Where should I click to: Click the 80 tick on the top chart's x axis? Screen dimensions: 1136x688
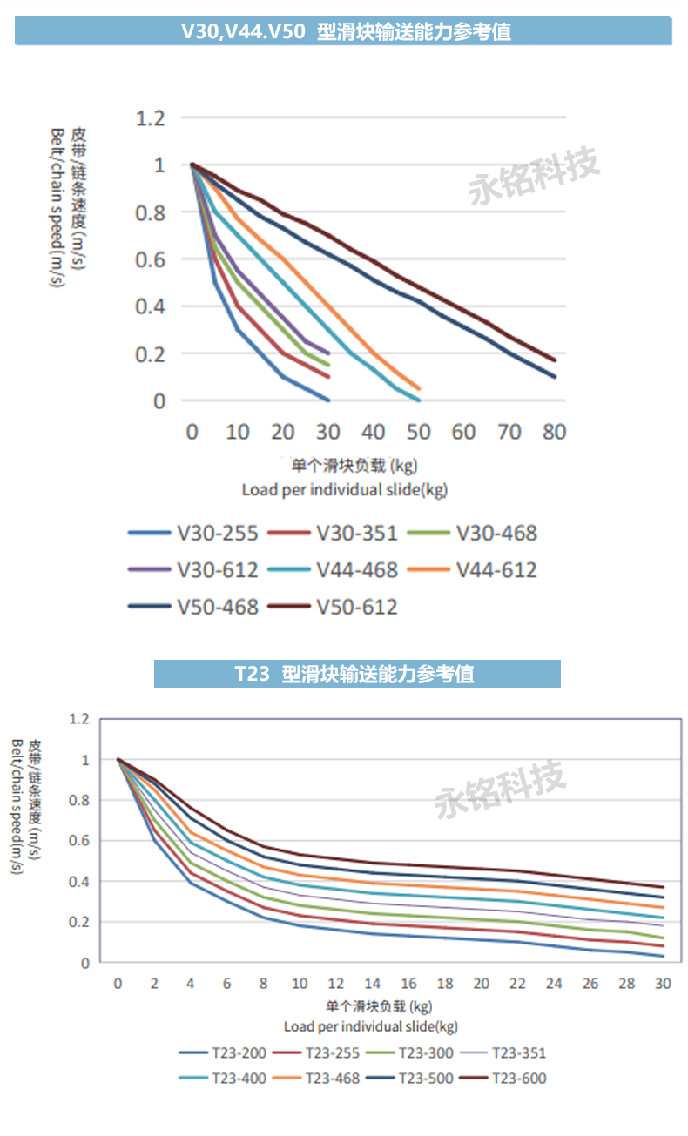[554, 432]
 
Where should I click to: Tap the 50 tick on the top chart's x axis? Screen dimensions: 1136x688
[418, 432]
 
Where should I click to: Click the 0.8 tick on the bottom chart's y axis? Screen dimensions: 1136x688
[80, 800]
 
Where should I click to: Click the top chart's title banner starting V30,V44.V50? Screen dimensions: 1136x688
[345, 31]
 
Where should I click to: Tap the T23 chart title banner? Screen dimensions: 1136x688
[357, 674]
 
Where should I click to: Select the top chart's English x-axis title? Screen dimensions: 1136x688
[345, 489]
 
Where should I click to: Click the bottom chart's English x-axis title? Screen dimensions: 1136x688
[371, 1026]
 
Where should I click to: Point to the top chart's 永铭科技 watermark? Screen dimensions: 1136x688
[535, 177]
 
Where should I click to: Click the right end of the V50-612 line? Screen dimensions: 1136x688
[555, 360]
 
